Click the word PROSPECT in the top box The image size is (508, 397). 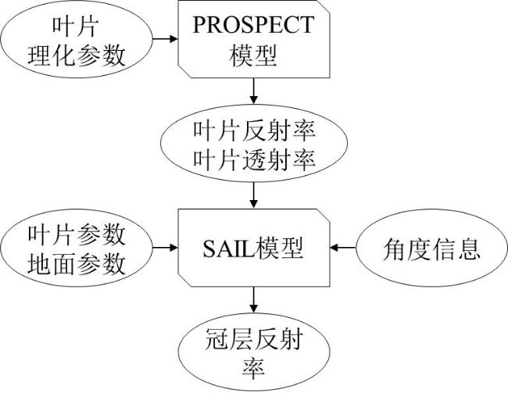(x=253, y=25)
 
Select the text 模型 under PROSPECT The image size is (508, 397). (x=253, y=55)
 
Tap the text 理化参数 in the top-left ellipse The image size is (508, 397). (x=77, y=55)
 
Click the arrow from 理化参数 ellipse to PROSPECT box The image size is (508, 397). (x=165, y=39)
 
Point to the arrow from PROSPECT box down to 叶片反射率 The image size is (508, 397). (x=254, y=91)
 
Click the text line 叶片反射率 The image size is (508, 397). (x=254, y=131)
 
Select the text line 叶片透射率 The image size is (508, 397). (x=254, y=159)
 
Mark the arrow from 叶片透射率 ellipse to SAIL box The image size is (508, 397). (x=254, y=195)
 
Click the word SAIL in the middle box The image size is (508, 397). (x=229, y=249)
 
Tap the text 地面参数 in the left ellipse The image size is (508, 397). (x=77, y=264)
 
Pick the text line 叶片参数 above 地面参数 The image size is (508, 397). (x=77, y=234)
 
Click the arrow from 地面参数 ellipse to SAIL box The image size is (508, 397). (x=165, y=248)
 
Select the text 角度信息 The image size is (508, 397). (x=431, y=249)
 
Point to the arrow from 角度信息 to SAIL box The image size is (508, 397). (x=343, y=248)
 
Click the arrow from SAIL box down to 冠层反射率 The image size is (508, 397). (x=254, y=300)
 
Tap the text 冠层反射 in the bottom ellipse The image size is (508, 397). (x=254, y=339)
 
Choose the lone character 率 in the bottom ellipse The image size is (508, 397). (x=254, y=369)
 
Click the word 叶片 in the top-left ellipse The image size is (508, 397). (x=76, y=27)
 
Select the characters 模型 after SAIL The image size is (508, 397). (x=279, y=249)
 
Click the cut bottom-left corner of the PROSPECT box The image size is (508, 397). (x=184, y=71)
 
